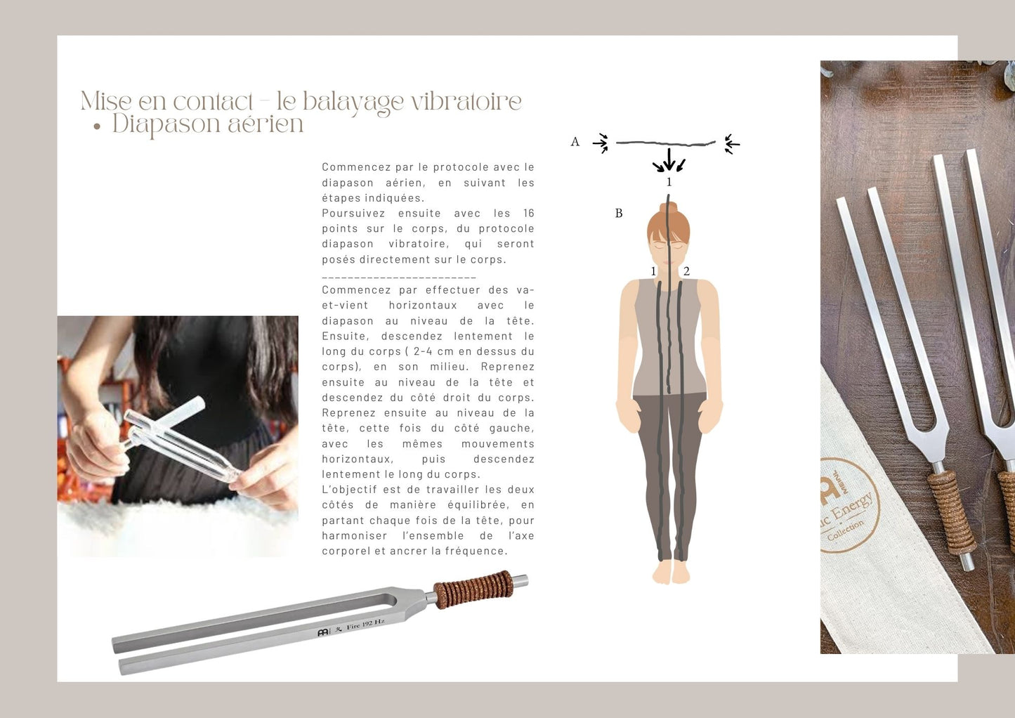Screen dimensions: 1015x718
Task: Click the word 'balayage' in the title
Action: point(353,103)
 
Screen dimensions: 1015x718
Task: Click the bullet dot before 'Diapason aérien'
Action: point(96,127)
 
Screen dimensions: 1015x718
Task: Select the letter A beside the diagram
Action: point(575,142)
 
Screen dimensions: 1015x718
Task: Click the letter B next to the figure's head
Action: point(619,213)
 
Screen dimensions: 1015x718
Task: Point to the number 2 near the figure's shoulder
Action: point(686,271)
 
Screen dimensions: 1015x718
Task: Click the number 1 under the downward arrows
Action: point(669,182)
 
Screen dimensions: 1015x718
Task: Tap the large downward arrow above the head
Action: point(669,159)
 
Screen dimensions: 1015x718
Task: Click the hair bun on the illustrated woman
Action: point(669,207)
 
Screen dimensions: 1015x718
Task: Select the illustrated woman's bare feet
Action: point(671,572)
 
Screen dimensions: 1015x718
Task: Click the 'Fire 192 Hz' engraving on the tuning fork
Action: point(365,625)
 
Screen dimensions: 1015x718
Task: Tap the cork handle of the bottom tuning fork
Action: point(473,589)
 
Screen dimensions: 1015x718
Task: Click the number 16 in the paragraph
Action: point(528,213)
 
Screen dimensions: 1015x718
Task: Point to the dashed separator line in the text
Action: point(399,277)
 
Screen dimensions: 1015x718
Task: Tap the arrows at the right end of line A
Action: point(732,144)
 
